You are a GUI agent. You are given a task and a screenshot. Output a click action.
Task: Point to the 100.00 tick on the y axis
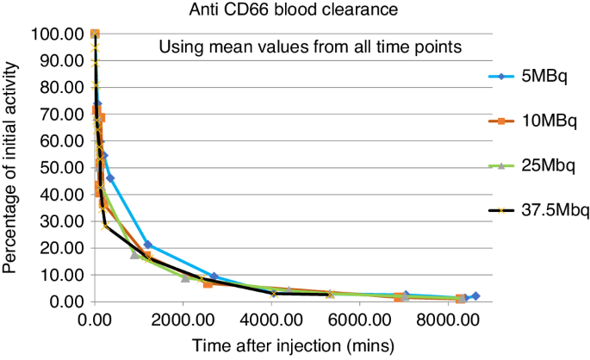pos(55,34)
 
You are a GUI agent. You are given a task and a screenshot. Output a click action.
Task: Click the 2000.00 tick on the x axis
pos(183,319)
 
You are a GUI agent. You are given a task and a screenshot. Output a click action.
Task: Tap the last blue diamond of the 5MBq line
pos(475,296)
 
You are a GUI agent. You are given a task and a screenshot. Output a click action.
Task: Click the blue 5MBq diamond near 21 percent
pos(147,245)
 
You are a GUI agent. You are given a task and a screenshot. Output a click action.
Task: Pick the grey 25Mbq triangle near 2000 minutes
pos(185,278)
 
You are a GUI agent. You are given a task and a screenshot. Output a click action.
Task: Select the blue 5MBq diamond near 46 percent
pos(110,178)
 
